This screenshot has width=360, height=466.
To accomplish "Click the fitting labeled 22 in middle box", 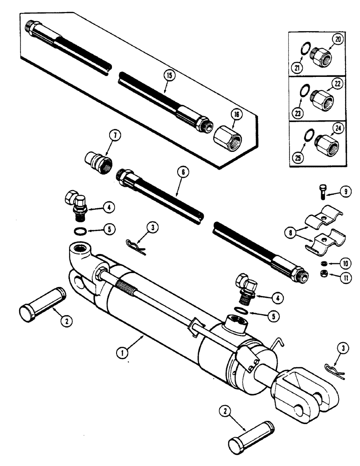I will click(x=322, y=98).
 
